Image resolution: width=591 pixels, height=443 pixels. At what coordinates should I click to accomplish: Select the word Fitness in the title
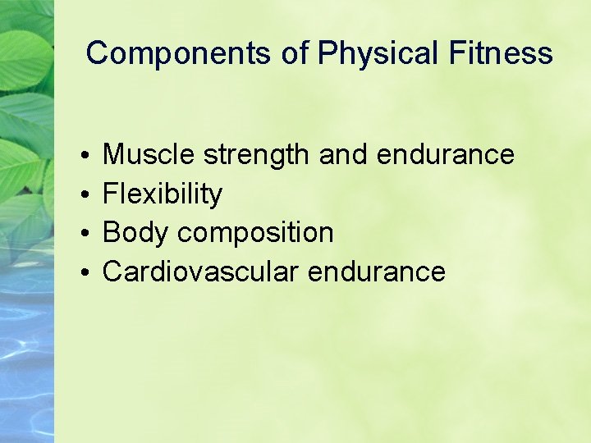[501, 54]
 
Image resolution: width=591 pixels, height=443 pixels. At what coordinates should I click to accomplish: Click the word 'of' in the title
[295, 54]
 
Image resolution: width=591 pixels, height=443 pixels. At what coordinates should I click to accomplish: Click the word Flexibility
[163, 194]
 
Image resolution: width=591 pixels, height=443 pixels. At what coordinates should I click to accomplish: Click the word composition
[255, 234]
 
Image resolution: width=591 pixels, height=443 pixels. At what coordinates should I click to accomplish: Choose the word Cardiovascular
[200, 272]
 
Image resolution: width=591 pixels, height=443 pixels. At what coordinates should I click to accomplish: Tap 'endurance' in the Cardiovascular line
[377, 272]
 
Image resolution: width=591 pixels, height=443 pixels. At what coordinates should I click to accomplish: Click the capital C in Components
[97, 54]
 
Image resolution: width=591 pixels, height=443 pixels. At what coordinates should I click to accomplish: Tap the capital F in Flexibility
[110, 194]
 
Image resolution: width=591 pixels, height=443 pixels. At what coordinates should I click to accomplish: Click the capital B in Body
[111, 233]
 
